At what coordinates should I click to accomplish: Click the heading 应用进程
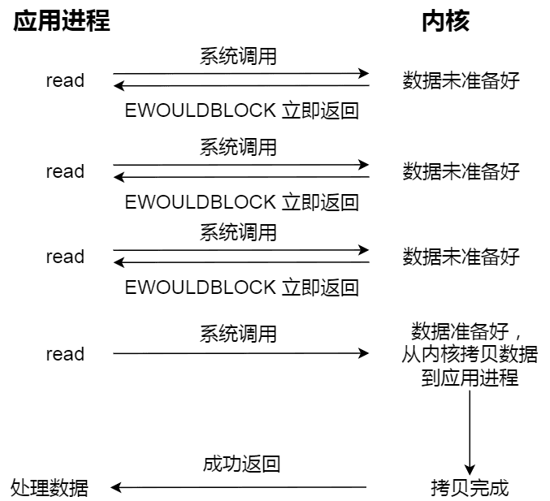pyautogui.click(x=62, y=21)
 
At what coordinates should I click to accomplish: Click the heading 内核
pyautogui.click(x=445, y=21)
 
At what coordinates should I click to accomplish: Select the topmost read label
pyautogui.click(x=65, y=80)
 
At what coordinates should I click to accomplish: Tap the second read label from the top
pyautogui.click(x=65, y=171)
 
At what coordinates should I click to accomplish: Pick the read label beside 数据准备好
pyautogui.click(x=65, y=354)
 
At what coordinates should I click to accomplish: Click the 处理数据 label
pyautogui.click(x=50, y=488)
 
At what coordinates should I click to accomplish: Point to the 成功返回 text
pyautogui.click(x=241, y=464)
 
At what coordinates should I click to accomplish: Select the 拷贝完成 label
pyautogui.click(x=470, y=488)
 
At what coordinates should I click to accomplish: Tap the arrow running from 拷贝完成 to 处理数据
pyautogui.click(x=240, y=488)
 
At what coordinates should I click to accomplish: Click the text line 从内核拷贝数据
pyautogui.click(x=470, y=355)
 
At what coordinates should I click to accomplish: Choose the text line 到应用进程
pyautogui.click(x=470, y=378)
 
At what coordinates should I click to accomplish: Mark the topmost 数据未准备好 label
pyautogui.click(x=461, y=80)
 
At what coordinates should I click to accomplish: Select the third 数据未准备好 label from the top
pyautogui.click(x=461, y=257)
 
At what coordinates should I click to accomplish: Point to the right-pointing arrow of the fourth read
pyautogui.click(x=240, y=354)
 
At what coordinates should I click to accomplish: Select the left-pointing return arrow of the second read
pyautogui.click(x=240, y=177)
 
